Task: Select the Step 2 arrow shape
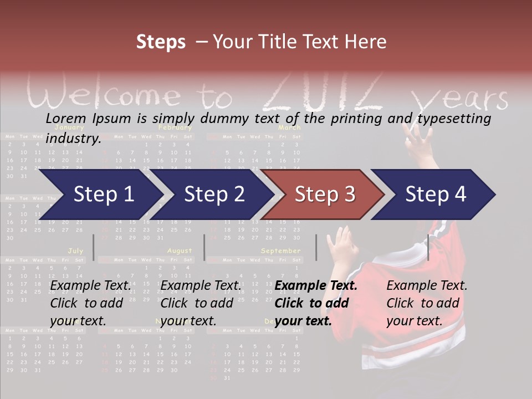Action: point(214,195)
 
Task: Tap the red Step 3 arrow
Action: point(324,195)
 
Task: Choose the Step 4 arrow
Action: point(435,195)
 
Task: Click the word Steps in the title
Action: point(161,42)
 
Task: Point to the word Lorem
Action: point(65,118)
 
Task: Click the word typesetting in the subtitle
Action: point(456,119)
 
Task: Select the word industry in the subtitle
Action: point(73,139)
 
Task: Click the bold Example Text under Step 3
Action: point(316,286)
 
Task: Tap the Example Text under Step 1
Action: point(91,286)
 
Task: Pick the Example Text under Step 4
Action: point(427,286)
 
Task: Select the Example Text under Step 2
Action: point(201,286)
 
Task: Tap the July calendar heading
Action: point(75,251)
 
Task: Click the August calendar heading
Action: point(180,251)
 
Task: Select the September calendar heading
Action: point(280,251)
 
